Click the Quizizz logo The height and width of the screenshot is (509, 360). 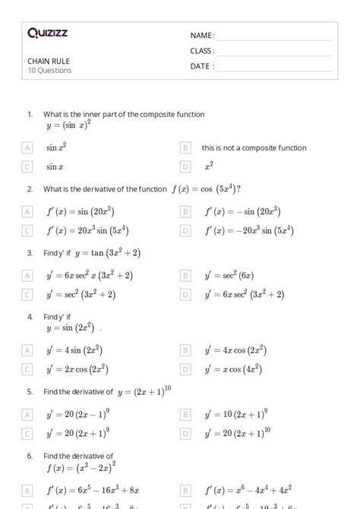pyautogui.click(x=47, y=33)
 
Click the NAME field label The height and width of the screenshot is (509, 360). pyautogui.click(x=202, y=36)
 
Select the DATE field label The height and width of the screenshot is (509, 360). pyautogui.click(x=202, y=66)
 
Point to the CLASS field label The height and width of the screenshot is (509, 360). pyautogui.click(x=202, y=51)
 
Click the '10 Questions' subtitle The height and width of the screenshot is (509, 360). pyautogui.click(x=49, y=71)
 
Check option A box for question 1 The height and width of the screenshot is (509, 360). pyautogui.click(x=27, y=147)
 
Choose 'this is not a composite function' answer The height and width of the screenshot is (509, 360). pyautogui.click(x=254, y=148)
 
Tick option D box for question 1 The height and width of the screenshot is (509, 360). pyautogui.click(x=185, y=166)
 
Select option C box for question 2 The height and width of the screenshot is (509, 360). pyautogui.click(x=27, y=230)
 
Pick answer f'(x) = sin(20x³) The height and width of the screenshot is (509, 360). pyautogui.click(x=80, y=211)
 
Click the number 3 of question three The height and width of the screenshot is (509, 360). pyautogui.click(x=30, y=252)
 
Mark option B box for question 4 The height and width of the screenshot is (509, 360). pyautogui.click(x=185, y=350)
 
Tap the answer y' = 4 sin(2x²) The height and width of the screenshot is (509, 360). pyautogui.click(x=74, y=350)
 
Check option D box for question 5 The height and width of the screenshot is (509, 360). pyautogui.click(x=185, y=433)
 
